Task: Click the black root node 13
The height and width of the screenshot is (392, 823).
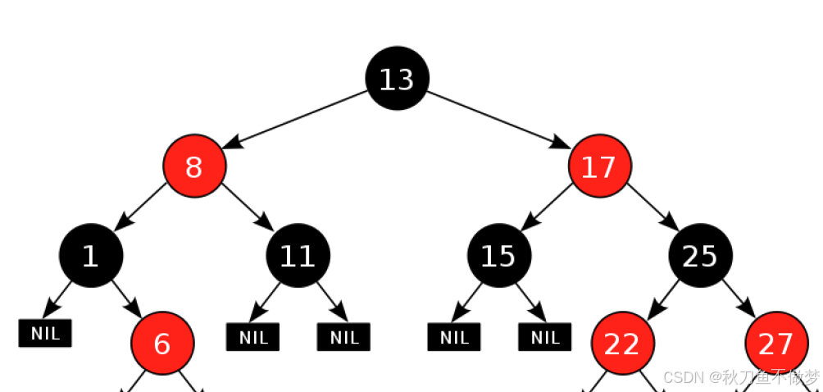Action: (x=398, y=78)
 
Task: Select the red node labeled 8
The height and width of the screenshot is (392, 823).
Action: (x=194, y=166)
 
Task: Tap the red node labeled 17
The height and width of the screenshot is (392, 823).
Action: (x=600, y=166)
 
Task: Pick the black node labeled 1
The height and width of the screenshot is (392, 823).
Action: (x=91, y=256)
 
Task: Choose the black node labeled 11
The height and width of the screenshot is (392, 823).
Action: (x=298, y=256)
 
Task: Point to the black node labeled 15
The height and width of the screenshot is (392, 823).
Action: (x=499, y=256)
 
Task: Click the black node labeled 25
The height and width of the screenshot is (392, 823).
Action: (x=701, y=256)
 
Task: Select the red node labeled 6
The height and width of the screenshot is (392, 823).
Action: (x=162, y=343)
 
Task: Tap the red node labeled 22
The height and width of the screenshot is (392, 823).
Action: (x=623, y=343)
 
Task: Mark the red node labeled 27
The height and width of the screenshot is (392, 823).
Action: (x=777, y=343)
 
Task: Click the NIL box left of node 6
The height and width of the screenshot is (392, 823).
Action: (x=45, y=333)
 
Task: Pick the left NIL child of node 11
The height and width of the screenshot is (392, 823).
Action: (x=253, y=337)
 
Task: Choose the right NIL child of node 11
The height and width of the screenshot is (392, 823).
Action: (x=343, y=337)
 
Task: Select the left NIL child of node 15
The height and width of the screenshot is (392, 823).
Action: (x=454, y=337)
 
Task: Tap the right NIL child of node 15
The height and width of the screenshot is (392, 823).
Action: (x=545, y=337)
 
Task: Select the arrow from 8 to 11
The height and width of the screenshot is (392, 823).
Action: (x=248, y=207)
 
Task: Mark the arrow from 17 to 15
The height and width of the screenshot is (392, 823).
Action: (x=547, y=207)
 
